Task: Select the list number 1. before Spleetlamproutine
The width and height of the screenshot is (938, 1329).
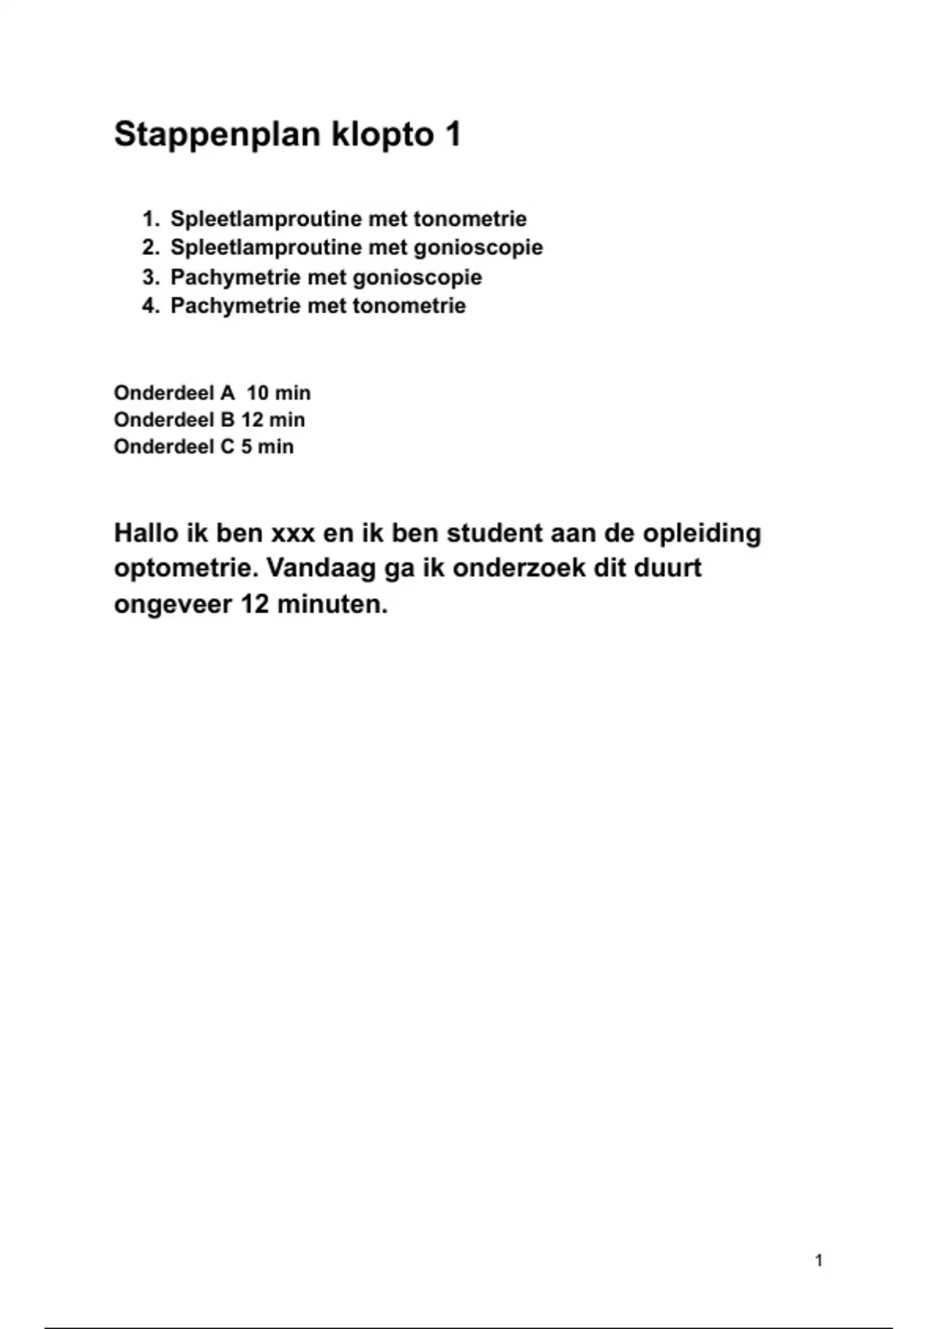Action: coord(151,219)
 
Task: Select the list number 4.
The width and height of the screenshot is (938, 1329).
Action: coord(151,306)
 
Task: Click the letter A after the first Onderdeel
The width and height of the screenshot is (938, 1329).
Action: coord(227,393)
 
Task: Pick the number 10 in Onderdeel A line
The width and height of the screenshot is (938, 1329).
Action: coord(257,393)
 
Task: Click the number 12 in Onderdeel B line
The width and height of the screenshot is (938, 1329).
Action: coord(252,420)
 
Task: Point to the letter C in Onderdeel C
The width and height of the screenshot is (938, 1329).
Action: coord(227,447)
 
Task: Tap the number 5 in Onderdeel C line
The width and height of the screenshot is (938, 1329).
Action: coord(246,447)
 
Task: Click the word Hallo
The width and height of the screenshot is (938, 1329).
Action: coord(145,533)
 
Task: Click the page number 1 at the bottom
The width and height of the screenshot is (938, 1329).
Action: coord(818,1260)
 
